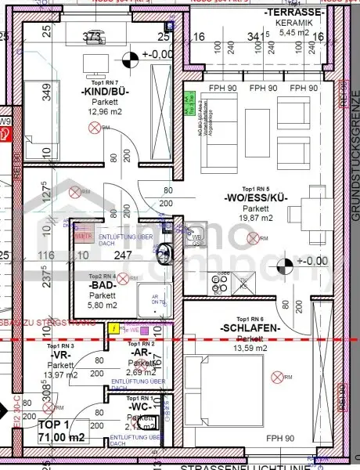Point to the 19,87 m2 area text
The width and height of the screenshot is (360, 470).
point(255,219)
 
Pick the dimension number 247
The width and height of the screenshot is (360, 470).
point(124,255)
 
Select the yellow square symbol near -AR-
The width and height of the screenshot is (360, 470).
point(116,330)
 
